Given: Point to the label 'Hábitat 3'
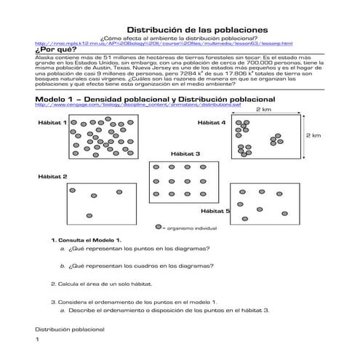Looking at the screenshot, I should pyautogui.click(x=185, y=154).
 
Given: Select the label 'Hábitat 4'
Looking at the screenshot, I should pyautogui.click(x=212, y=124).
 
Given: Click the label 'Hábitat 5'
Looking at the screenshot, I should pyautogui.click(x=215, y=211).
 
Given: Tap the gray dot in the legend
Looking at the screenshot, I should pyautogui.click(x=158, y=226).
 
